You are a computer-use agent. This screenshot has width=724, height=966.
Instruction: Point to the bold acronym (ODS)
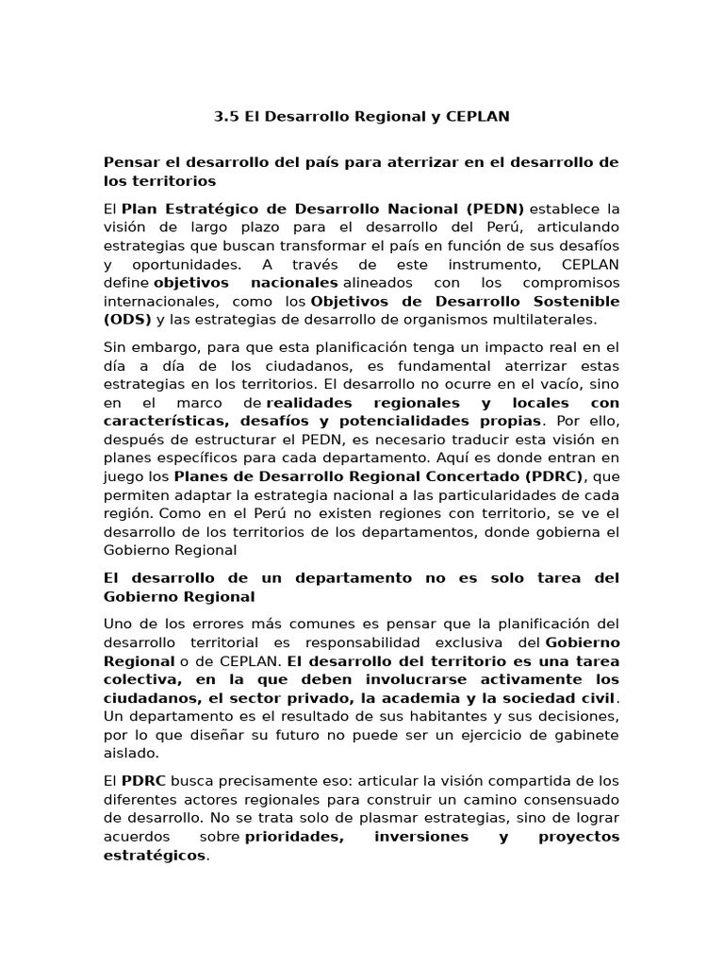coord(128,319)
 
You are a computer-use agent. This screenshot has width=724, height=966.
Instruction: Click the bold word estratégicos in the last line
coord(154,856)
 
